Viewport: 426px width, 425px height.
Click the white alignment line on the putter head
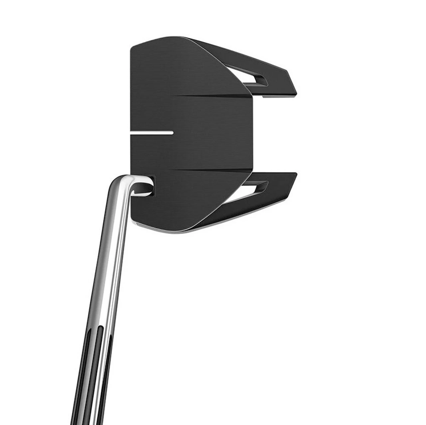tap(152, 132)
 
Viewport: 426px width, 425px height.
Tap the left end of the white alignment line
tap(132, 132)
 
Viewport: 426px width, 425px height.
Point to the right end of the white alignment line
tap(172, 132)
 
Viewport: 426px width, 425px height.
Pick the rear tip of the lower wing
tap(296, 174)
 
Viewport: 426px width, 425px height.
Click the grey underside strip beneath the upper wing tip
tap(276, 97)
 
